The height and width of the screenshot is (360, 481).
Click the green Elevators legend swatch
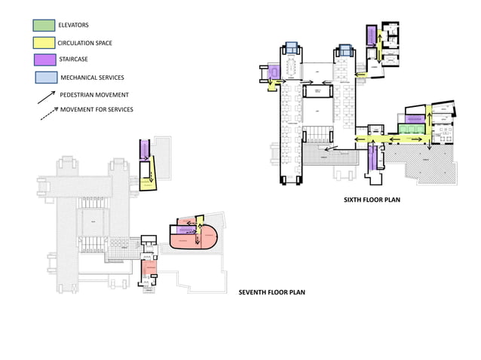(x=43, y=26)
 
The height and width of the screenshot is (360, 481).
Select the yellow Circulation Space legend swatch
(x=43, y=42)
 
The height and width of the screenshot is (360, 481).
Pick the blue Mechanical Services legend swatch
(x=44, y=77)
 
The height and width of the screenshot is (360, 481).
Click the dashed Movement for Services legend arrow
(x=47, y=111)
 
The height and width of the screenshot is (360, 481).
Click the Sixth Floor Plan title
(x=371, y=201)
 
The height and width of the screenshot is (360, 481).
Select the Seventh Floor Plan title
(x=271, y=291)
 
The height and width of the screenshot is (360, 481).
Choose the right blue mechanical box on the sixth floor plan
(x=345, y=50)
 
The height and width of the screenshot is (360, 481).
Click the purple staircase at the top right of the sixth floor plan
(x=371, y=36)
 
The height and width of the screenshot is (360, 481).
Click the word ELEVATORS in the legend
(x=73, y=26)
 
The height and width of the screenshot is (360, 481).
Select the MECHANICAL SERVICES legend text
(x=92, y=77)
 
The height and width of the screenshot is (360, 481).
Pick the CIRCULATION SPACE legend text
(x=85, y=43)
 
